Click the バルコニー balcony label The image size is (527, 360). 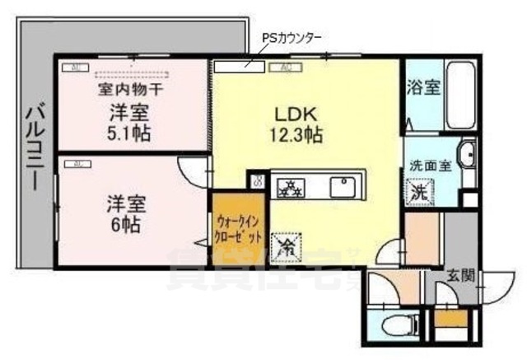tap(34, 146)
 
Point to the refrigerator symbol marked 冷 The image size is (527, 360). tap(287, 245)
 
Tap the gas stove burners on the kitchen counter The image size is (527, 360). tap(290, 186)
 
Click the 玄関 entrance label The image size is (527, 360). tap(460, 275)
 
